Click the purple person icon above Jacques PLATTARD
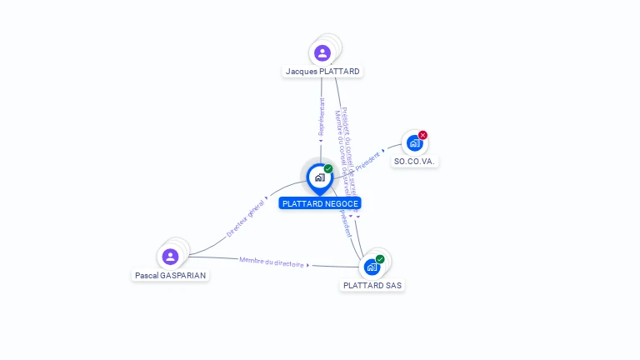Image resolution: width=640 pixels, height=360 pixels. [x=322, y=53]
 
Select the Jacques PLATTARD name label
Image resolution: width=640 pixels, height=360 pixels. [x=322, y=72]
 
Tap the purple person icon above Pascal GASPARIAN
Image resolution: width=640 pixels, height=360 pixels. [x=171, y=256]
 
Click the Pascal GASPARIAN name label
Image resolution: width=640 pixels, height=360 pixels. [x=171, y=275]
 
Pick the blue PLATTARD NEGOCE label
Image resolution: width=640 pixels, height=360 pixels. [x=320, y=203]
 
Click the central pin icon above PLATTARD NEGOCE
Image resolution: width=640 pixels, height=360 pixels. [x=319, y=177]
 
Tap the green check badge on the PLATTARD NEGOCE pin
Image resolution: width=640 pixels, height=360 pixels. [x=328, y=168]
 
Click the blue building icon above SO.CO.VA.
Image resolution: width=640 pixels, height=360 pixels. [x=414, y=142]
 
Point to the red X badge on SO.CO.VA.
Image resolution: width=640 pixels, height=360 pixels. [x=422, y=135]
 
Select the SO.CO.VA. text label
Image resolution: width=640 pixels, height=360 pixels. [x=415, y=161]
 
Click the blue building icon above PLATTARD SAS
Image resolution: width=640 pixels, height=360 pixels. [x=372, y=267]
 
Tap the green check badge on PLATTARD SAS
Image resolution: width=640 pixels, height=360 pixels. [x=380, y=259]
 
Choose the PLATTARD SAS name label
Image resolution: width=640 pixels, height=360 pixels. [x=372, y=285]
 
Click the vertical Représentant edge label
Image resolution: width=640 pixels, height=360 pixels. [x=322, y=117]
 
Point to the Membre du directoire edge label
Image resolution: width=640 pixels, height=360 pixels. [x=271, y=262]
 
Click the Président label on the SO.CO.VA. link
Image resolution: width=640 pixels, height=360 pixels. [x=367, y=160]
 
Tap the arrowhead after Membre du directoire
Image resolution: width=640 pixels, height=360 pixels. [x=308, y=265]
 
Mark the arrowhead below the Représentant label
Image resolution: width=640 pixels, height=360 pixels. [x=321, y=141]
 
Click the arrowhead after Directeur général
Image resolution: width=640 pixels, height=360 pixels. [x=267, y=198]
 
